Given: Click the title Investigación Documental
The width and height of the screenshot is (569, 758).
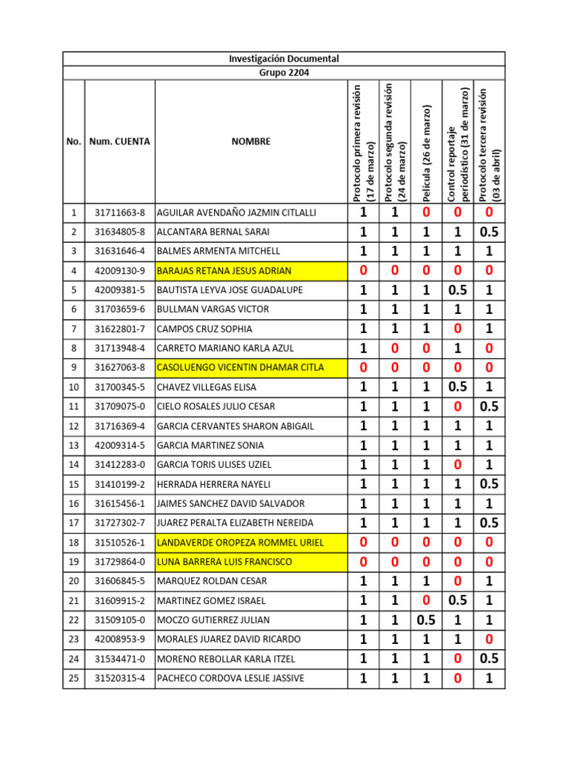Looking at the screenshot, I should click(284, 58).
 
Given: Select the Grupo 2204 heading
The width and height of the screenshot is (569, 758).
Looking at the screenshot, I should click(284, 73).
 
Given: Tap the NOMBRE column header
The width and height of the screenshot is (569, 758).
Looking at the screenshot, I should click(250, 141).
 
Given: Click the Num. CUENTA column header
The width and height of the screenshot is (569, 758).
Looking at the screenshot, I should click(119, 141).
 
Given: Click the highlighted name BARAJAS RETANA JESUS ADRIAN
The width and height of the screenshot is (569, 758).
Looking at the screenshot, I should click(224, 271).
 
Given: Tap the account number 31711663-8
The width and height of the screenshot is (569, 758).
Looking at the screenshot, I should click(120, 213).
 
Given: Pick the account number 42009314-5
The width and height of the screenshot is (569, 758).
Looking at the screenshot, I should click(120, 446).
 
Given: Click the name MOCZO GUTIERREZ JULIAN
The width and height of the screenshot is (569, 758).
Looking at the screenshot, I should click(213, 620).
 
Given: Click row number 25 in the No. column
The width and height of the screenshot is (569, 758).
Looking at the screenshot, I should click(74, 678).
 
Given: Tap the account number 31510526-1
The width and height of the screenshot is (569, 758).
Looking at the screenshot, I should click(120, 543).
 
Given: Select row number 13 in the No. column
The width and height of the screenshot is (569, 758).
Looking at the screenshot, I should click(74, 446).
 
